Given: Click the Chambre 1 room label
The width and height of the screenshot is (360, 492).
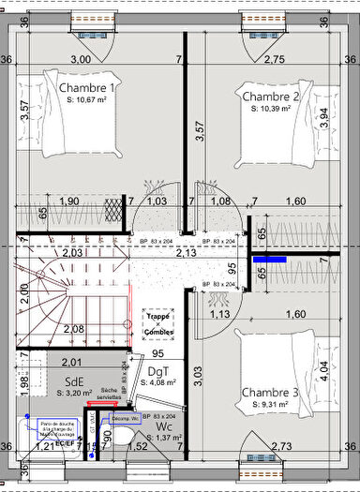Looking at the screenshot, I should (86, 88).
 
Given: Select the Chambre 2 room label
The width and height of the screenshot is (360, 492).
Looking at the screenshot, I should (271, 97).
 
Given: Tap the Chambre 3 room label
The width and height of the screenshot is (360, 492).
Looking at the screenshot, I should (270, 391).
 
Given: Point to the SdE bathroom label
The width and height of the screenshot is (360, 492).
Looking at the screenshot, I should (76, 381).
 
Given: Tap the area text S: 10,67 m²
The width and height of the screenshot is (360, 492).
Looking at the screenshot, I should (87, 100).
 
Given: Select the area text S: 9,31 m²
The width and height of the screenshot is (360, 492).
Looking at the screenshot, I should (270, 404).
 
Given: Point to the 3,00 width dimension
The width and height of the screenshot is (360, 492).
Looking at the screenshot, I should (81, 59).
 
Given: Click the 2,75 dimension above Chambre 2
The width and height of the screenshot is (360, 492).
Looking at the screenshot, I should (274, 59).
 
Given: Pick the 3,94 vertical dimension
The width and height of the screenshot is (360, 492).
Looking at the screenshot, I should (324, 114).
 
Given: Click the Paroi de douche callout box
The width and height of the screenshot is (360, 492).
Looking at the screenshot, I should (58, 429).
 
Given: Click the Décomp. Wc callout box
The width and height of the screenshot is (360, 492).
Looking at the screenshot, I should (125, 418).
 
